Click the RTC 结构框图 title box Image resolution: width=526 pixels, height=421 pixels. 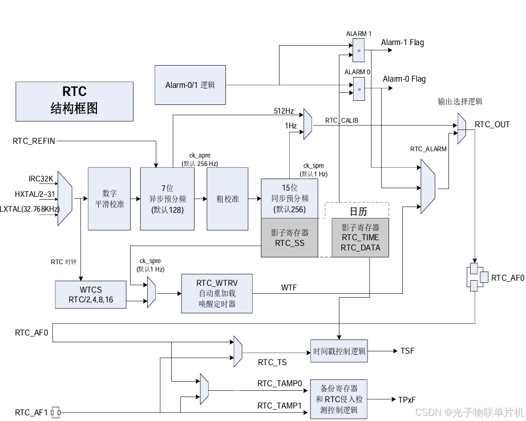[74, 100]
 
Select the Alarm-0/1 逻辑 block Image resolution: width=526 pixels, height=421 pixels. [190, 85]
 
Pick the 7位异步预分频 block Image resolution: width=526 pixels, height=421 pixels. [165, 198]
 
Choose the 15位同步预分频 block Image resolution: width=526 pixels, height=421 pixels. [290, 198]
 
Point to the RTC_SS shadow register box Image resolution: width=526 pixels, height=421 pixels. [290, 238]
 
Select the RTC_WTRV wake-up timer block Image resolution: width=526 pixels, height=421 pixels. [216, 293]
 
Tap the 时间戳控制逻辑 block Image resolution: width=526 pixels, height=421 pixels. [339, 351]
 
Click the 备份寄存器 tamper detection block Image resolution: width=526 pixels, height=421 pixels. [338, 399]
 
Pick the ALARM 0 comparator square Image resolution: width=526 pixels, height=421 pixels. [359, 88]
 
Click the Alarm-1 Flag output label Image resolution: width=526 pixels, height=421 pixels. [402, 43]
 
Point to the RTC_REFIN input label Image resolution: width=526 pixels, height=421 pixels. [34, 140]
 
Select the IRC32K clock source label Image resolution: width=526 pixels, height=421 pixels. [41, 179]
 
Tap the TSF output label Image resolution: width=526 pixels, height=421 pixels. [407, 351]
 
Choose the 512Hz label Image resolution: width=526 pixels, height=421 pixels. [284, 111]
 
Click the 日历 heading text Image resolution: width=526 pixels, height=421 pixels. [358, 212]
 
